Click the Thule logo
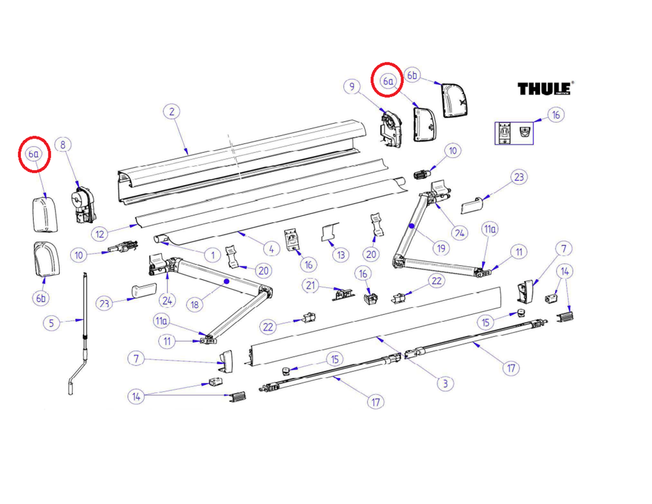546,88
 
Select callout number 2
172,112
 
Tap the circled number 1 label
213,255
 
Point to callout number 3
445,383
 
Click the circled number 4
271,249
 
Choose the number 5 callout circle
52,323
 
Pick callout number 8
63,145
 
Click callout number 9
352,86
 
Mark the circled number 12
100,234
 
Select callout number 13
341,255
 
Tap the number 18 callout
195,305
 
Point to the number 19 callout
441,248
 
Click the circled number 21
311,285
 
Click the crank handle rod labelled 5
79,334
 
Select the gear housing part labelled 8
83,204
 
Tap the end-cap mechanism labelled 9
391,127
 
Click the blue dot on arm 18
227,282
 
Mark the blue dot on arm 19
411,226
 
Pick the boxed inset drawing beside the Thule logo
514,133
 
